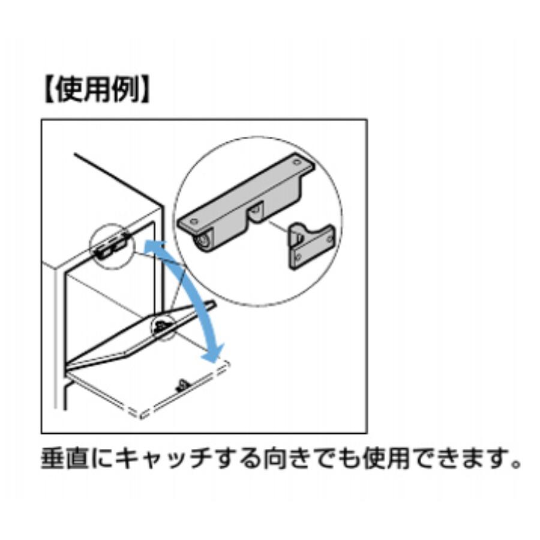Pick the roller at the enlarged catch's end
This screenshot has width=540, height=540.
point(203,242)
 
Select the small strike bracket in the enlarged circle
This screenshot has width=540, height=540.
point(311,245)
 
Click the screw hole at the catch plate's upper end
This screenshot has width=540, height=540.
point(296,161)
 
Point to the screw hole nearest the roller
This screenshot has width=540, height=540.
point(194,220)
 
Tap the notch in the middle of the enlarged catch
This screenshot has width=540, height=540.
point(255,213)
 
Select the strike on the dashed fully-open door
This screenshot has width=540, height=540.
point(181,385)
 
